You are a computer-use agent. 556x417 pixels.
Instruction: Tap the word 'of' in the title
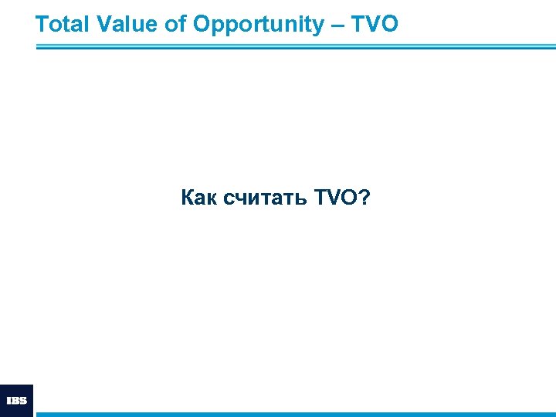(175, 25)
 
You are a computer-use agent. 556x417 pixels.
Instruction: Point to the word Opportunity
(259, 25)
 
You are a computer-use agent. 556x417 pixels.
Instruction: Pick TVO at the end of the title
(375, 25)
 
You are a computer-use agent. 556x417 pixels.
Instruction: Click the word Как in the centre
(199, 198)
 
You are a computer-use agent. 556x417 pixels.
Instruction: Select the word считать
(265, 198)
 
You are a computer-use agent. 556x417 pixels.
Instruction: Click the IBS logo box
(16, 400)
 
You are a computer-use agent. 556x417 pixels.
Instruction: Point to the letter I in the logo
(8, 401)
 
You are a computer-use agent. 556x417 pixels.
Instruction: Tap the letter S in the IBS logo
(23, 401)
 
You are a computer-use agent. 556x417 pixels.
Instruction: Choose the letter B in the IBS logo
(15, 401)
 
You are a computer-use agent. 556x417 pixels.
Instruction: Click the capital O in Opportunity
(202, 25)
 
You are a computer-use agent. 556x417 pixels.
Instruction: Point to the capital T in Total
(42, 25)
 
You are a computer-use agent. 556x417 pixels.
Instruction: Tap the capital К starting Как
(188, 198)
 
